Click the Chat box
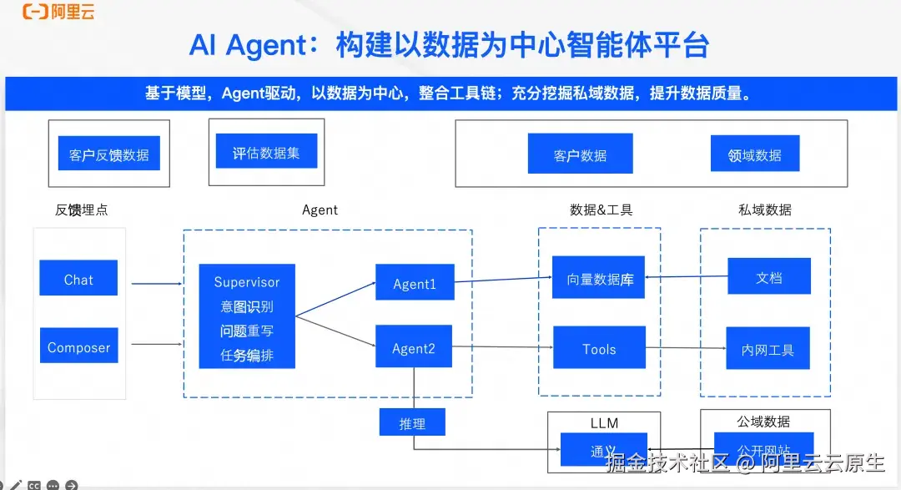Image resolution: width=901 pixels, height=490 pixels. click(78, 278)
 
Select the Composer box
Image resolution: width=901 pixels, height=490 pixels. click(78, 346)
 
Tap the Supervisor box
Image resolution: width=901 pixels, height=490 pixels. click(247, 316)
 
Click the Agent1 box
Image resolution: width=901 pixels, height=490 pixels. click(415, 283)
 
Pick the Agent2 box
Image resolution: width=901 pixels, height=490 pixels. click(414, 347)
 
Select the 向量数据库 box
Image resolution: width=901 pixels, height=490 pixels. click(600, 278)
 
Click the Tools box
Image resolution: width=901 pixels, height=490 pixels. click(599, 348)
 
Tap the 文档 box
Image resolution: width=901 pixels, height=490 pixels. click(768, 276)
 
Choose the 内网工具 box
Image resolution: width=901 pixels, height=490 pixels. click(768, 349)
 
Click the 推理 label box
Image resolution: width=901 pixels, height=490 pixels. click(412, 422)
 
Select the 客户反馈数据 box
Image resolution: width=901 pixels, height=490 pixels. click(109, 154)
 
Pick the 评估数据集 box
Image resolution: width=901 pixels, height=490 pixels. click(266, 152)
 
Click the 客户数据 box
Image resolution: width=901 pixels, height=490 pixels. click(580, 154)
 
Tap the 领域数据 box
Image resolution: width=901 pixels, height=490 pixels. click(754, 154)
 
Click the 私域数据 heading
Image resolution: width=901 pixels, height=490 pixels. click(765, 210)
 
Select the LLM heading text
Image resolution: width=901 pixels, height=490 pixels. click(604, 422)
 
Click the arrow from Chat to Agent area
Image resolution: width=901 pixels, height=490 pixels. click(157, 283)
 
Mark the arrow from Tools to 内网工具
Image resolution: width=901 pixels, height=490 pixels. click(684, 348)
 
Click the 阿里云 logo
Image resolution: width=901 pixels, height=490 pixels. click(58, 12)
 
